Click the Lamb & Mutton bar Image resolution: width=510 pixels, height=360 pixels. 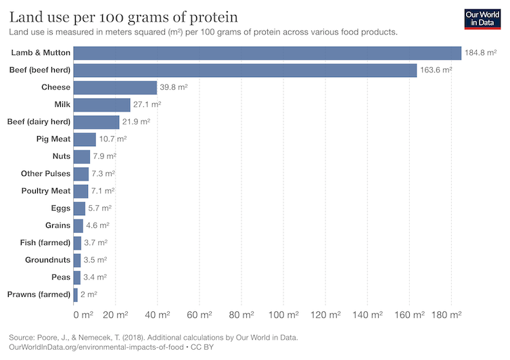tap(267, 53)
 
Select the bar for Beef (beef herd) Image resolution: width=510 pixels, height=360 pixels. tap(245, 70)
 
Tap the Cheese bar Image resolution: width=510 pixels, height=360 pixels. tap(115, 87)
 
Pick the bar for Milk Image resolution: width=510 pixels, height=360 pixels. tap(101, 105)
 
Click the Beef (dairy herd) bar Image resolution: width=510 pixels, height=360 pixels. tap(96, 122)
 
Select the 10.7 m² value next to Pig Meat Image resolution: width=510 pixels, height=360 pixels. tap(112, 139)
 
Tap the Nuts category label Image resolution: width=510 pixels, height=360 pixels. tap(61, 156)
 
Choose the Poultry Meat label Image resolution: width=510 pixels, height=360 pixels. tap(45, 191)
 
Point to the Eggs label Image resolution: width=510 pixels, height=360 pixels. tap(60, 208)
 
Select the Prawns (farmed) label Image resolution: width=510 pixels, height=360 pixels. tap(39, 294)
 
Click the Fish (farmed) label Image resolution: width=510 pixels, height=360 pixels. tap(45, 242)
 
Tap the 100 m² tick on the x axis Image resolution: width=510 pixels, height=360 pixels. tap(283, 315)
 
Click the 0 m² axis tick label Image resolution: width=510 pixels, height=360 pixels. tap(83, 315)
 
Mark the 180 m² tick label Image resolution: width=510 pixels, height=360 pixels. tap(446, 315)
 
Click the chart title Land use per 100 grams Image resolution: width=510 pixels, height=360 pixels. tap(123, 16)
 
